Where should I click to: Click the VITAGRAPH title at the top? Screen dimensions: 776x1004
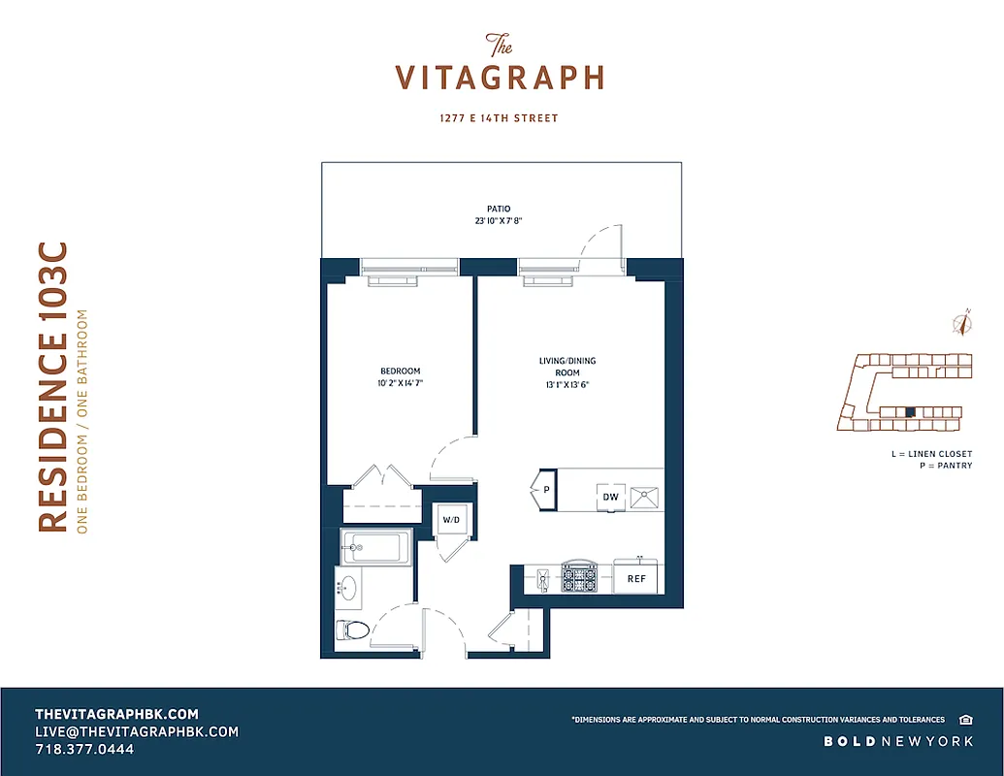pos(501,77)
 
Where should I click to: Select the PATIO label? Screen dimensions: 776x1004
pos(499,208)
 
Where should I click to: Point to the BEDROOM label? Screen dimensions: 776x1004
pos(400,372)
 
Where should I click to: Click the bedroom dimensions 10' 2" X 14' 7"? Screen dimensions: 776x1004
pos(400,384)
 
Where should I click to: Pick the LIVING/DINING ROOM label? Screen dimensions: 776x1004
pos(567,367)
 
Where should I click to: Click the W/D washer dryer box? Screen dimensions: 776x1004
pos(451,520)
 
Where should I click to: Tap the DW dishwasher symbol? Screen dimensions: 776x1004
pos(610,497)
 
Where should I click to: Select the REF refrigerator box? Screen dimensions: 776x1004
pos(636,579)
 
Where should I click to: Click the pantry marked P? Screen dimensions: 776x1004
pos(546,490)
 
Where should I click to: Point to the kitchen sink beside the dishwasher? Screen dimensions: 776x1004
pos(644,498)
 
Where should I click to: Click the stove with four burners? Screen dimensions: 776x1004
pos(579,579)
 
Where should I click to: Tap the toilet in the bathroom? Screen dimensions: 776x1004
pos(352,630)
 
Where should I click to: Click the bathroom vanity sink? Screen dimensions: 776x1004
pos(348,588)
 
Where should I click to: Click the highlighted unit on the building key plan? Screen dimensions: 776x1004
pos(909,412)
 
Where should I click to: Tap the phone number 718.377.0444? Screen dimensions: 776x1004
pos(84,750)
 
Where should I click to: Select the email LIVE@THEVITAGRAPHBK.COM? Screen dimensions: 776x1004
pos(136,731)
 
